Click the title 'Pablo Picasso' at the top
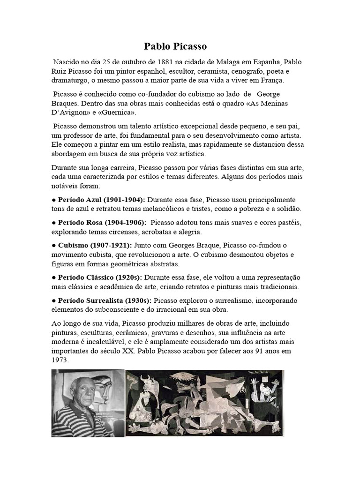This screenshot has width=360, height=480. click(x=175, y=47)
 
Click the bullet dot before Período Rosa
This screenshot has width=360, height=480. click(x=54, y=222)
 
